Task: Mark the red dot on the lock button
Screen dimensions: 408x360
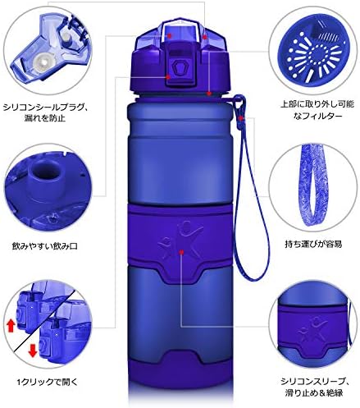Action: [167, 78]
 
